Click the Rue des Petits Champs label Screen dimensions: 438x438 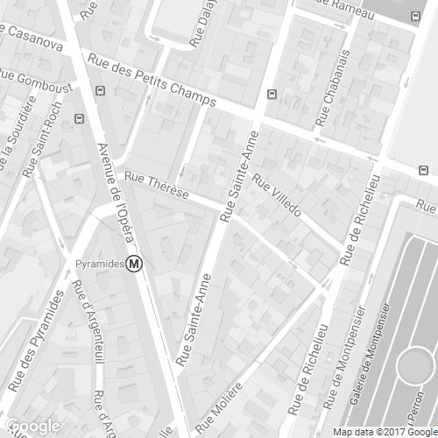click(x=151, y=81)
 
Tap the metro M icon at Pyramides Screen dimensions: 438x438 click(x=135, y=263)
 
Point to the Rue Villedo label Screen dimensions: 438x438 click(x=276, y=195)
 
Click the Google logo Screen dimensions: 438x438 click(x=32, y=425)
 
